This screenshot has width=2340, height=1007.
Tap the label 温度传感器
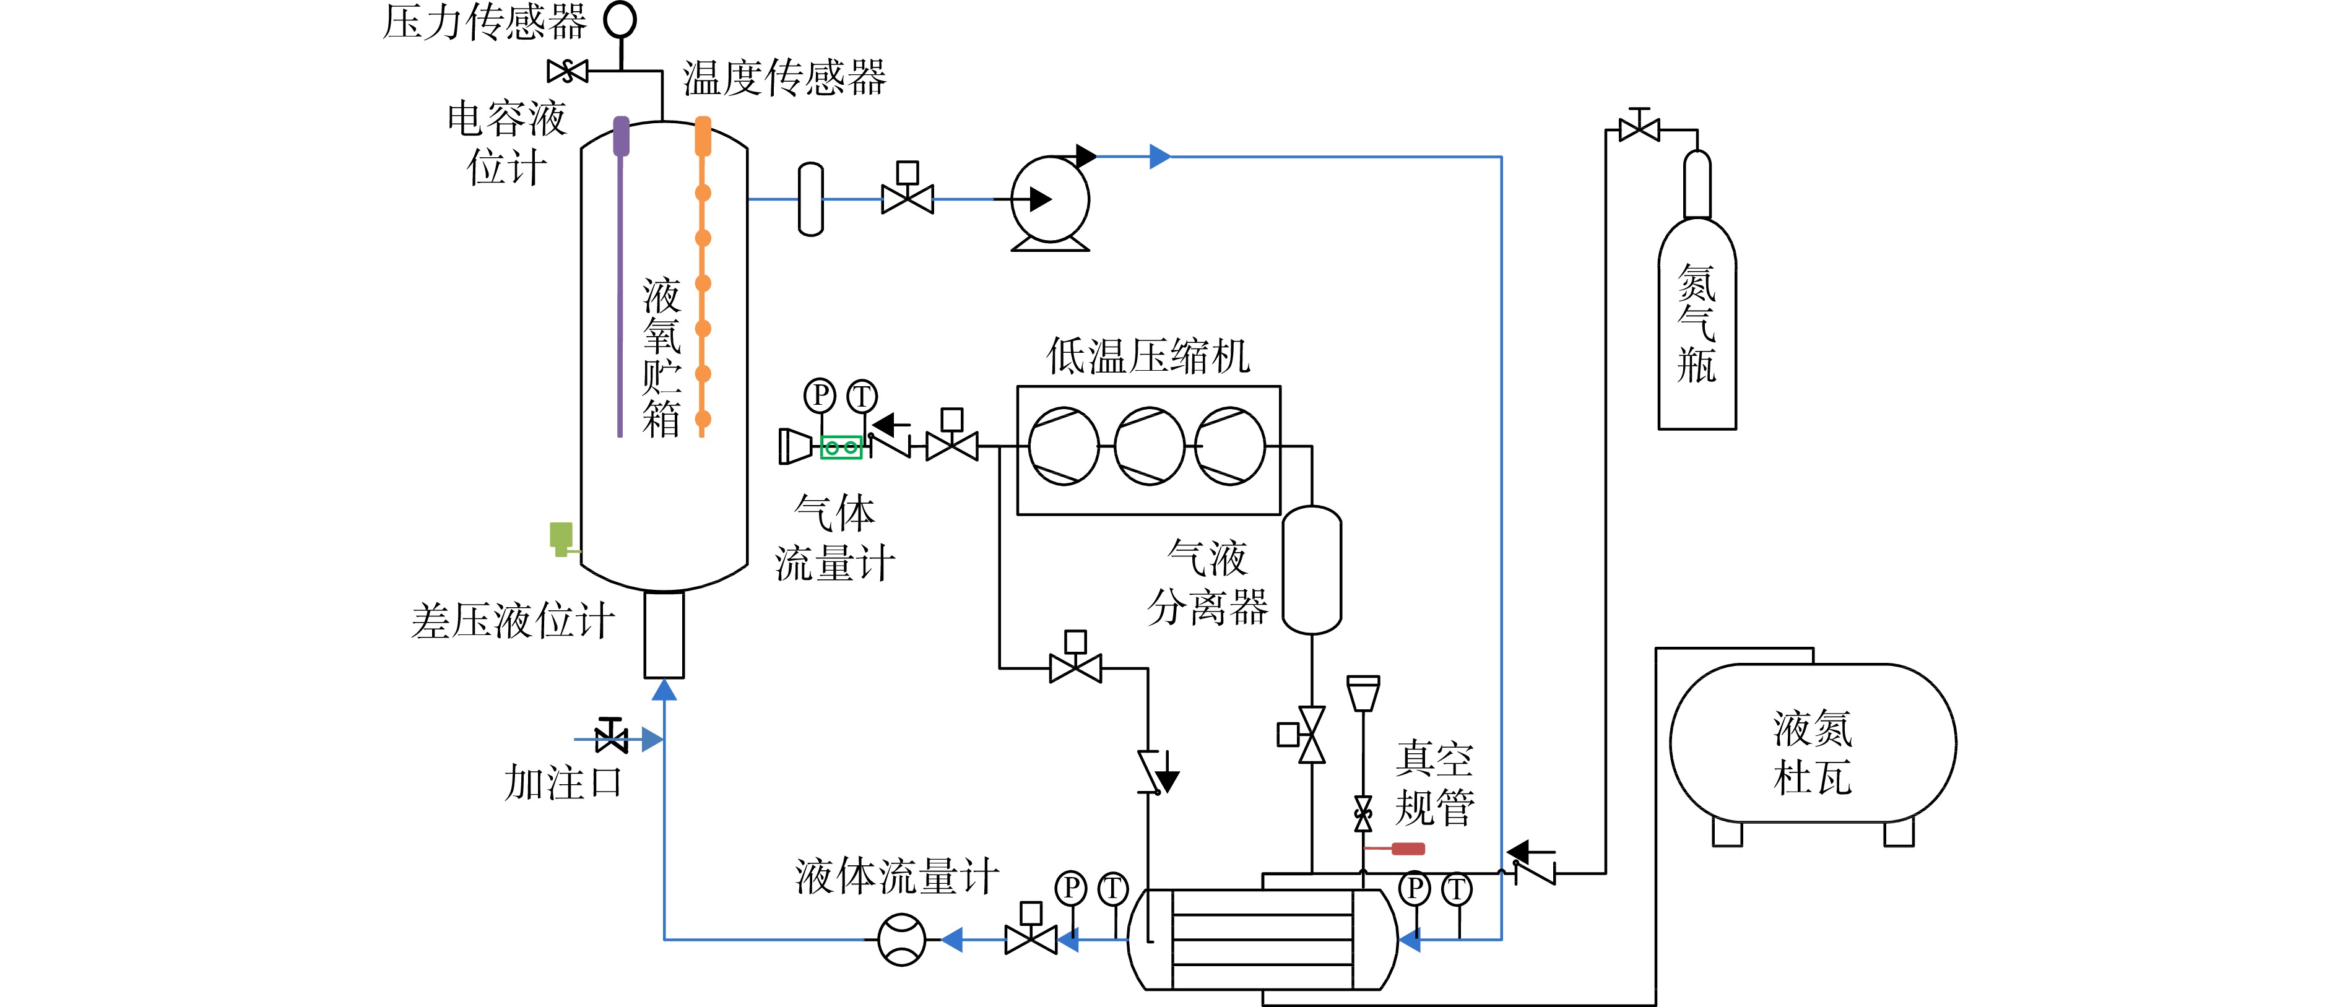[784, 77]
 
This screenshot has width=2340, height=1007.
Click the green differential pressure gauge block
[561, 538]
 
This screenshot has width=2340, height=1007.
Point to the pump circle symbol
[1050, 199]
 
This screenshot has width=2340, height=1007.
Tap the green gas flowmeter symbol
[841, 447]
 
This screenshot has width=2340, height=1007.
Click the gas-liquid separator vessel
[1312, 570]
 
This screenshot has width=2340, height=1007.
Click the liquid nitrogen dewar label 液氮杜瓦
[1812, 753]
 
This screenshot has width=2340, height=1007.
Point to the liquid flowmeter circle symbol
[901, 940]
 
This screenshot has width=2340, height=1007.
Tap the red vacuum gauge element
[1407, 849]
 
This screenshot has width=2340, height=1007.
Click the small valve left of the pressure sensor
[568, 71]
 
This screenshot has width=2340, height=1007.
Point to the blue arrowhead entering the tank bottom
[664, 690]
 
